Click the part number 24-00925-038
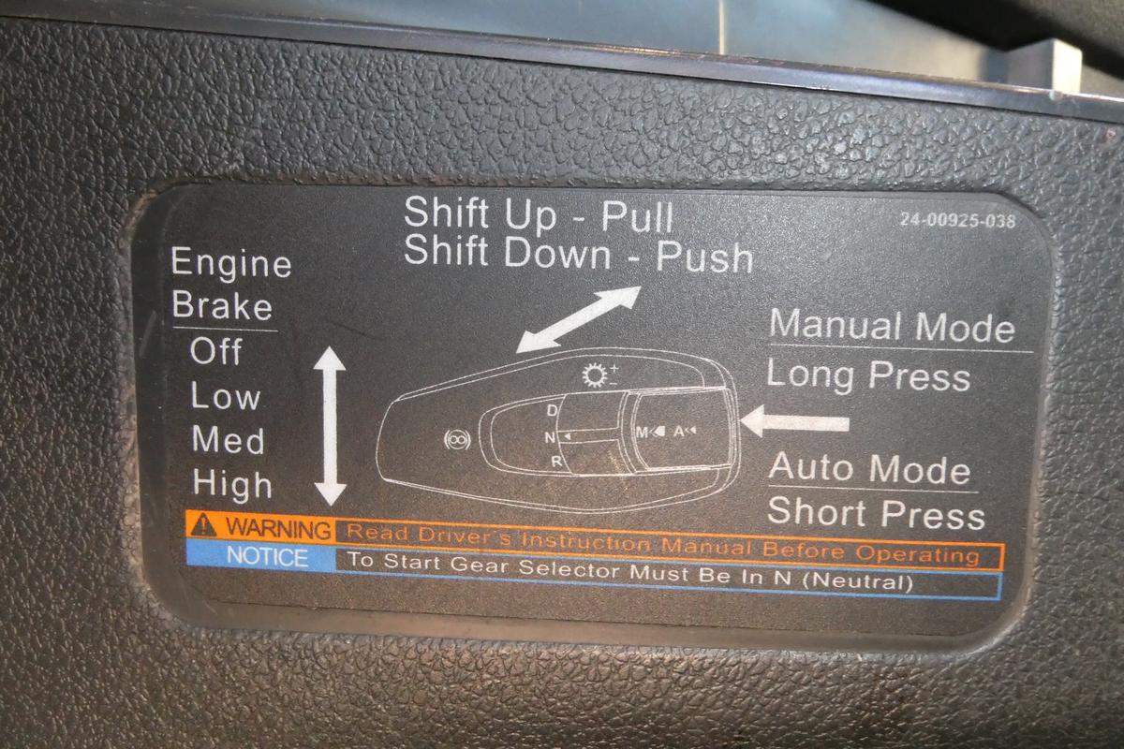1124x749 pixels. [x=957, y=220]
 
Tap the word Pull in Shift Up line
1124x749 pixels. [x=637, y=216]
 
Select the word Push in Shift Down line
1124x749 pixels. [x=704, y=257]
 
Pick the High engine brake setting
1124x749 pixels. [x=232, y=484]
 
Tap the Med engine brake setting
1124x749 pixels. [x=229, y=440]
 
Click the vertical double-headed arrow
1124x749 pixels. [x=330, y=425]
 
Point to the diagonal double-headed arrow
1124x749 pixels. [x=579, y=319]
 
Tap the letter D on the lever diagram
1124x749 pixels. [x=552, y=410]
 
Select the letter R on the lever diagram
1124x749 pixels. [x=556, y=462]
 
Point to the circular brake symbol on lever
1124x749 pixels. [x=458, y=440]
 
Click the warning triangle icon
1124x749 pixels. [x=204, y=524]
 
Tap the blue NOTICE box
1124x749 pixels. [x=261, y=556]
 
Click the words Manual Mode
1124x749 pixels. [x=892, y=326]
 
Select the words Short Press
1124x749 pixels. [x=876, y=513]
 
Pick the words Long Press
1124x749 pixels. [x=868, y=376]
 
